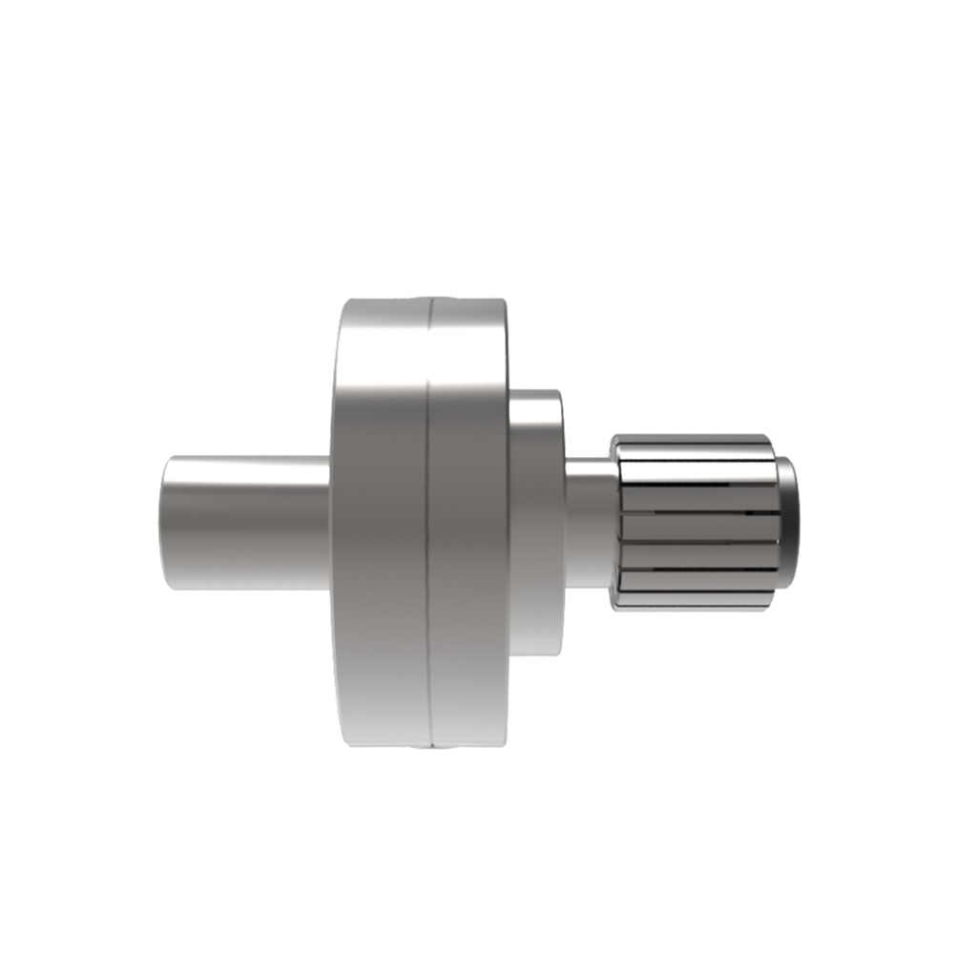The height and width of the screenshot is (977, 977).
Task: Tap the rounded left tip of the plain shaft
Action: coord(166,523)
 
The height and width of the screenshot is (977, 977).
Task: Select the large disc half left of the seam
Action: coord(380,523)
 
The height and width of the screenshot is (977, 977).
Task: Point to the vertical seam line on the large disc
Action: coord(428,523)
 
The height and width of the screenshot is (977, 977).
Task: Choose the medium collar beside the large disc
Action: coord(535,523)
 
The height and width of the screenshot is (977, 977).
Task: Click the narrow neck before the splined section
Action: coord(589,523)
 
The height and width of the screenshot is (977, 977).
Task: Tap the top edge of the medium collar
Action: coord(535,391)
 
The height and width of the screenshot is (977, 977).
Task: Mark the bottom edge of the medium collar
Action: coord(535,655)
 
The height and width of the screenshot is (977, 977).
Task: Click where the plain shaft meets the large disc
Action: coord(330,523)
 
